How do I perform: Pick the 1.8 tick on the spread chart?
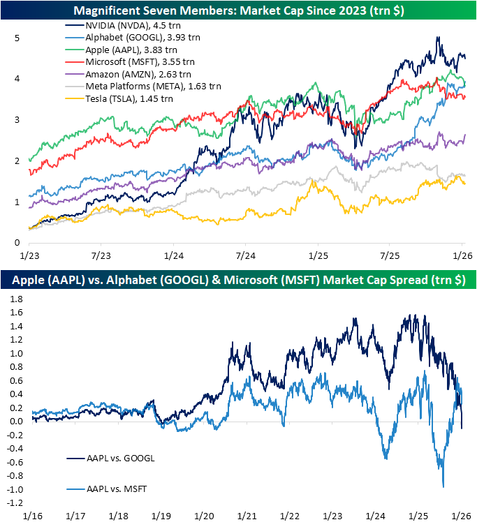[15, 299]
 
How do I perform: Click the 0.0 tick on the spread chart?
[15, 421]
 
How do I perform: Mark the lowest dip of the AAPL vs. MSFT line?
[443, 486]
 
